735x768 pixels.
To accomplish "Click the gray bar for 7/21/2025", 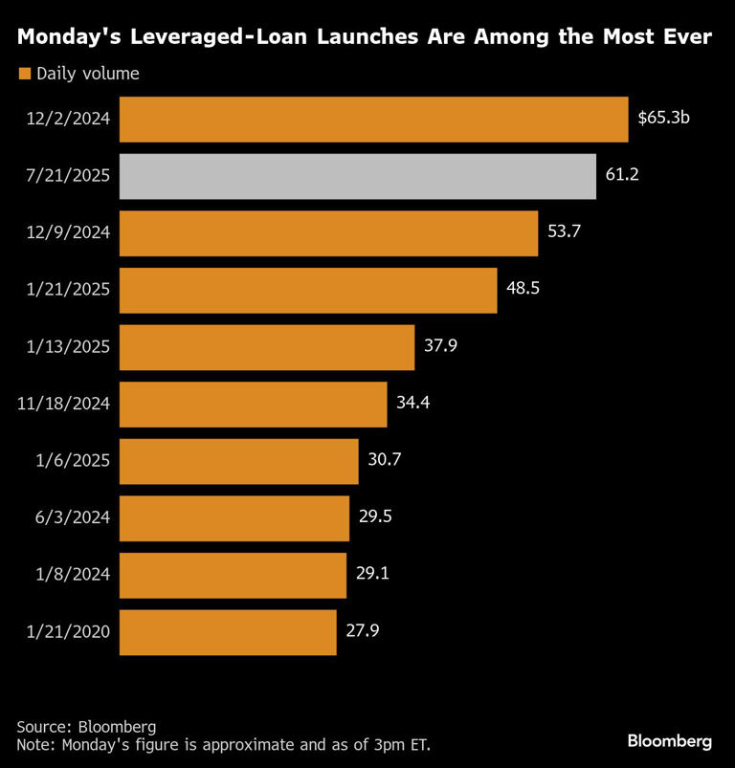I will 357,177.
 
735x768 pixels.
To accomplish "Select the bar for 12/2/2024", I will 373,120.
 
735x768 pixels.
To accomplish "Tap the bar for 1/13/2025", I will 266,347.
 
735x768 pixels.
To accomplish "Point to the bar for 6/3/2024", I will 234,517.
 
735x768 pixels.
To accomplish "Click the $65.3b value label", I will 663,120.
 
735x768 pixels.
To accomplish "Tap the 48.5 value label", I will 522,290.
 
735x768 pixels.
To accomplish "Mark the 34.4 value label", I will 412,404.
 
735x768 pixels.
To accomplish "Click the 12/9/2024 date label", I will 70,233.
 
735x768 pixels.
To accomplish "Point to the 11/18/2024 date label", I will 64,404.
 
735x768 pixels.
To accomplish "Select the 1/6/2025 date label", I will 74,460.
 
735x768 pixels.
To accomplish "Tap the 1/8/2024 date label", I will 74,574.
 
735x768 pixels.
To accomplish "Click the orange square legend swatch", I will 24,74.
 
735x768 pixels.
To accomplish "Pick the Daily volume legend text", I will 88,74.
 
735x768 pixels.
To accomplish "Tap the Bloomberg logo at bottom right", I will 670,740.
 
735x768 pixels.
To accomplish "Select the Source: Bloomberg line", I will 86,726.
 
